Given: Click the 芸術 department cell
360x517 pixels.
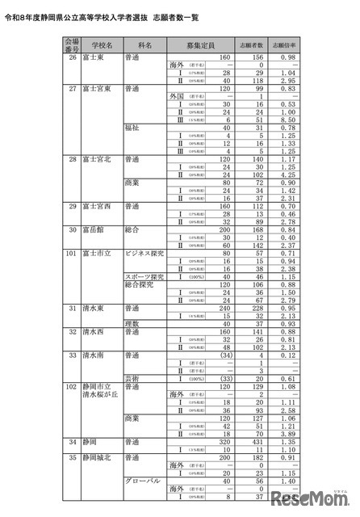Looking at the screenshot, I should tap(134, 378).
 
